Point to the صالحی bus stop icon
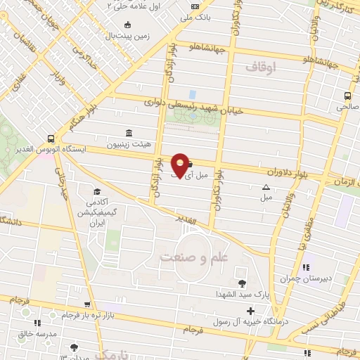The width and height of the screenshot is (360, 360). pos(347,96)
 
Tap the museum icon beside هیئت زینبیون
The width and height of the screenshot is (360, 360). pos(127,134)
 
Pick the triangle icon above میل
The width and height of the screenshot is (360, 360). pos(266,187)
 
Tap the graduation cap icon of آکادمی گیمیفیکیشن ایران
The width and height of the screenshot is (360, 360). pos(96,192)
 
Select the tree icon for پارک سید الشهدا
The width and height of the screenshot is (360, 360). pos(243,283)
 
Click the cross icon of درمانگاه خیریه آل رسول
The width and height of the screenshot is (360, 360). pos(250,311)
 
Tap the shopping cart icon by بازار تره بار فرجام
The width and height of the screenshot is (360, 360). pos(86,305)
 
